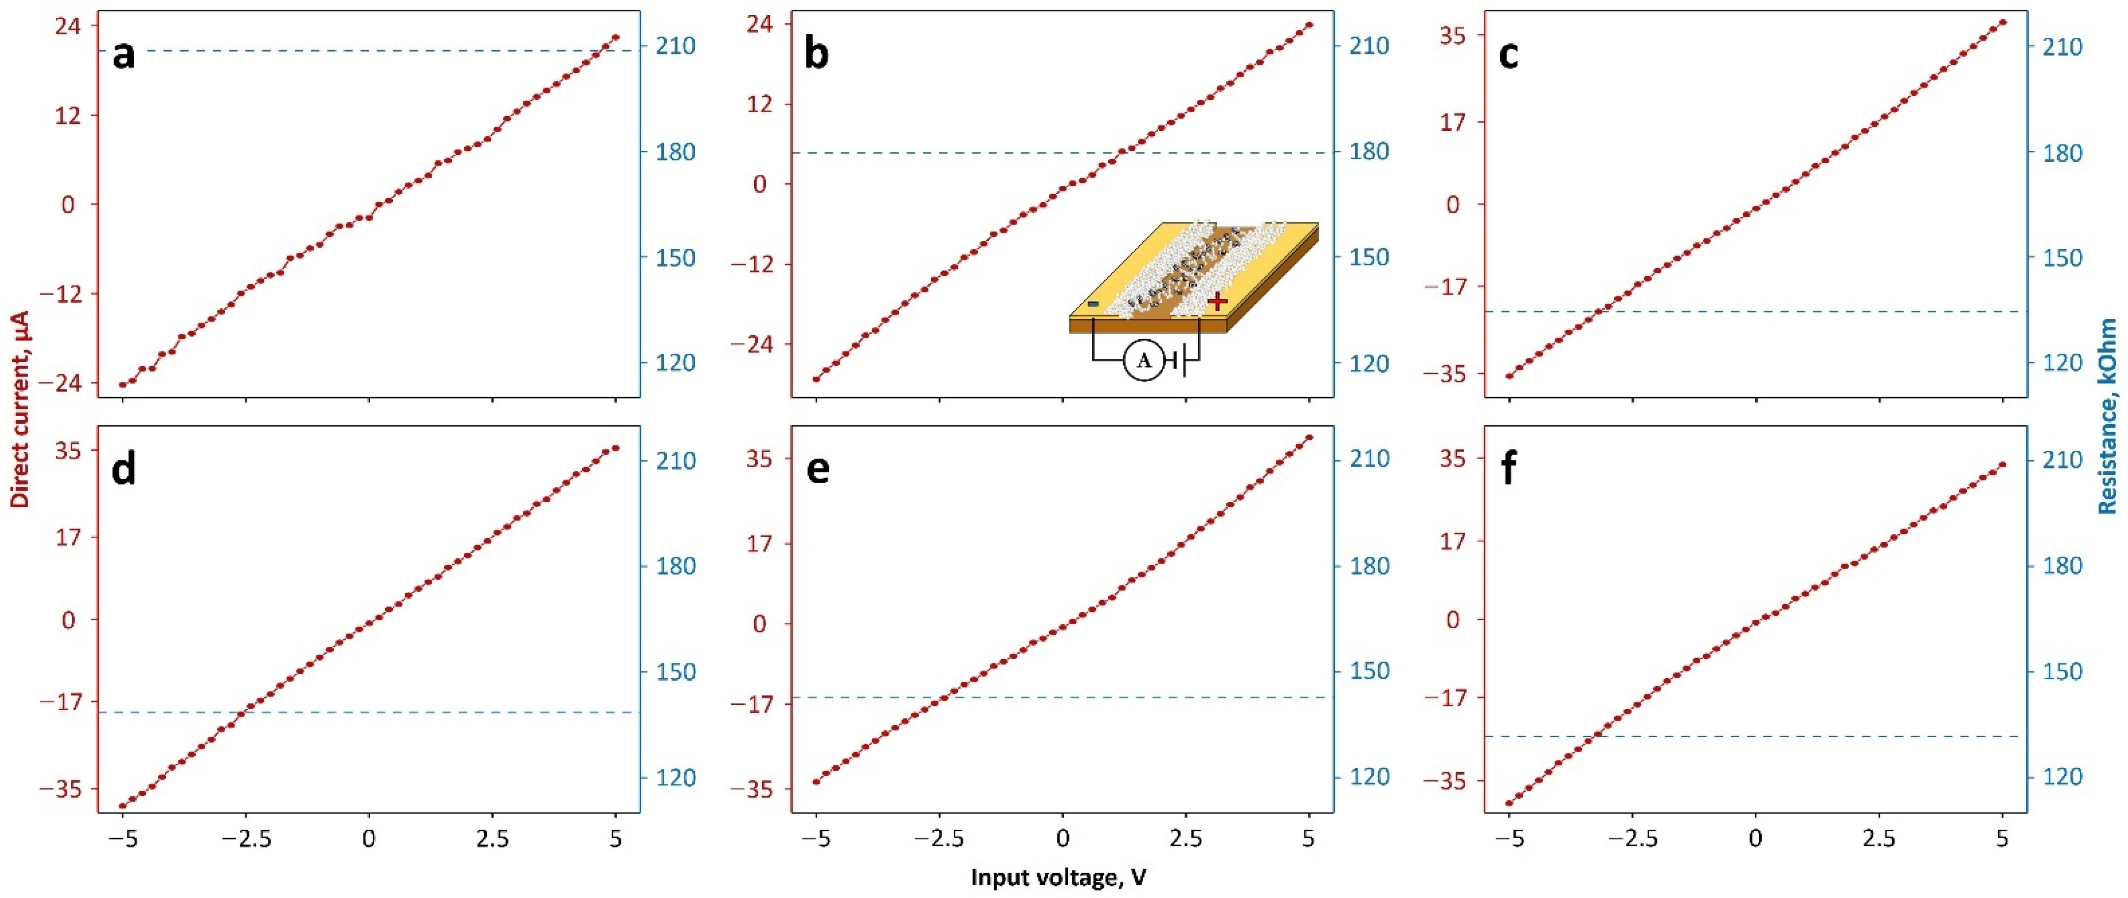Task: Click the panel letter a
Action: coord(124,56)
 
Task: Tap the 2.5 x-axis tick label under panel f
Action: coord(1879,840)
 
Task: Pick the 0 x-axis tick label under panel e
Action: coord(1063,840)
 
